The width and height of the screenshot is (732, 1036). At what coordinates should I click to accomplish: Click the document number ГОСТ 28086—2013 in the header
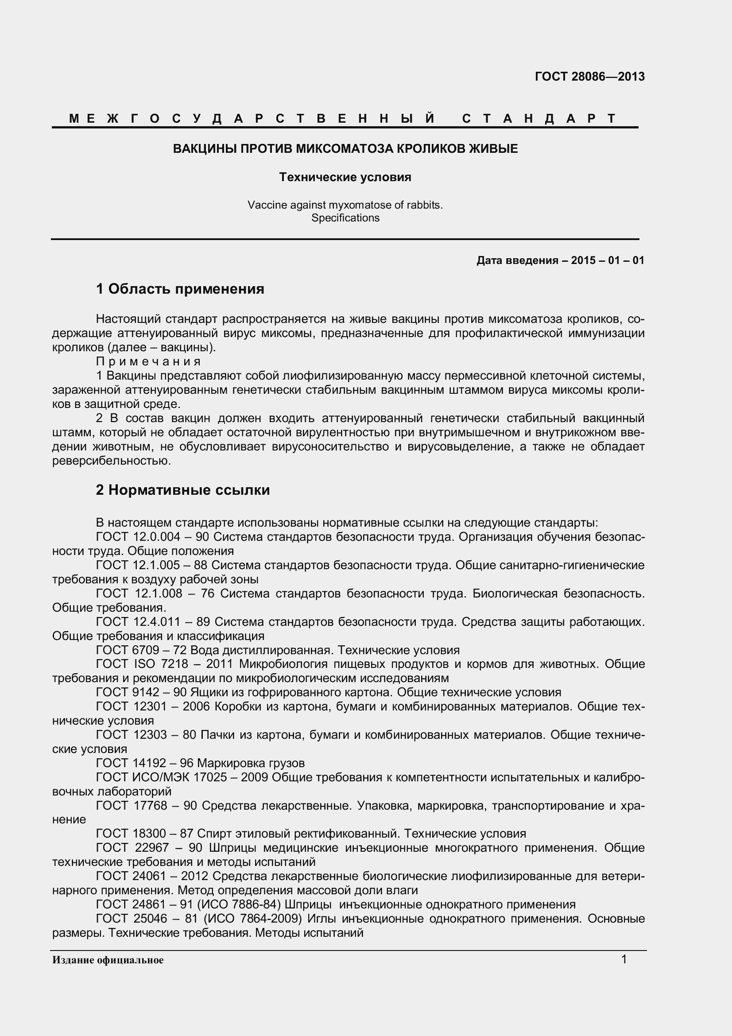(589, 77)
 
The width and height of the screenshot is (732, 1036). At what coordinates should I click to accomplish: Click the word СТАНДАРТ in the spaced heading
(539, 119)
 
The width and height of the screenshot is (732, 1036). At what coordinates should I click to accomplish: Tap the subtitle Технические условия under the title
(345, 177)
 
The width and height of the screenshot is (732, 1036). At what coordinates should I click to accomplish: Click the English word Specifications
(345, 218)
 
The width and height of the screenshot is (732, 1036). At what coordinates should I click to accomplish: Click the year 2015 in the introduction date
(583, 260)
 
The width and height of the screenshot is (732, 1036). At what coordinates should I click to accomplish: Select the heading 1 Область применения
(180, 289)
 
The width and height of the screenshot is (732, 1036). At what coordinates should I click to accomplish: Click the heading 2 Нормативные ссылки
(182, 490)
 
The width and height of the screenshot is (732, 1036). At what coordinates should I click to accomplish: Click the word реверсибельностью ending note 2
(112, 461)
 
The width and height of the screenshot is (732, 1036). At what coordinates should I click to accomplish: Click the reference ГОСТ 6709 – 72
(141, 650)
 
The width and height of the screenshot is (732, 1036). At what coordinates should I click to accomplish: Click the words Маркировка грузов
(251, 764)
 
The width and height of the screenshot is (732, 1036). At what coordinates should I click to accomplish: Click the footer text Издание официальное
(108, 960)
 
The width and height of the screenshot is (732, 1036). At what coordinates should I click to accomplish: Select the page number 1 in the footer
(624, 959)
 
